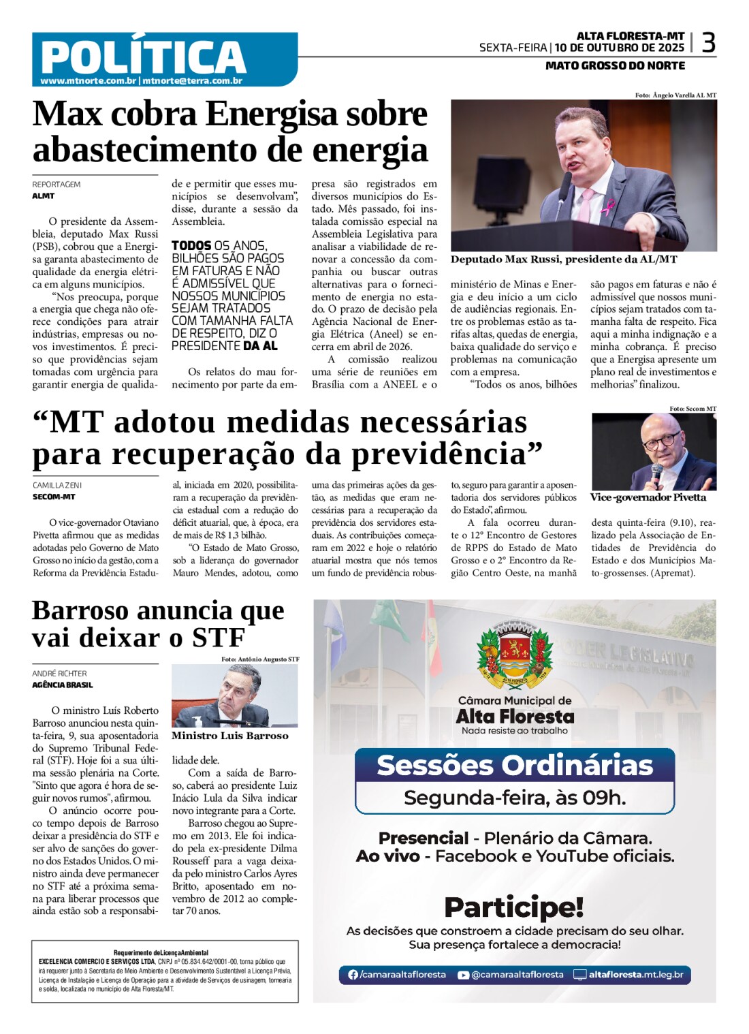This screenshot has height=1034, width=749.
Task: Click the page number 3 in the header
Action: [x=708, y=43]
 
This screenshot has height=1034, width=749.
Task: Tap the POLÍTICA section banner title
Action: [x=143, y=57]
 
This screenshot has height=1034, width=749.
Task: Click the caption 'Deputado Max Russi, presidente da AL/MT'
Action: [x=564, y=260]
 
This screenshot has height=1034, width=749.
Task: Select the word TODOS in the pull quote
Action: [x=191, y=246]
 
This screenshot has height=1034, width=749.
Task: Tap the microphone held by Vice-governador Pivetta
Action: [x=656, y=471]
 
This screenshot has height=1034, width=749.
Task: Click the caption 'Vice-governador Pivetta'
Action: [x=648, y=497]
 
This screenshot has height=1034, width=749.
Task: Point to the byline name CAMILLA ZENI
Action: [x=57, y=485]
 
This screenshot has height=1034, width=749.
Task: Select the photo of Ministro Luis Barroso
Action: [x=234, y=695]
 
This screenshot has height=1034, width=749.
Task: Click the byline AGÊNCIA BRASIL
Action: [x=63, y=685]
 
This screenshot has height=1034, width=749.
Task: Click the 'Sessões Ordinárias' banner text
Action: [x=515, y=765]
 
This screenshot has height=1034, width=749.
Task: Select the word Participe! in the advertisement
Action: [x=514, y=907]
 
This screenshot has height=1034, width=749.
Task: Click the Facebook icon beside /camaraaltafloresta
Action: [x=353, y=975]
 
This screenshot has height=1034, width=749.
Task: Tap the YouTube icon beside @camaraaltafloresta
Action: [x=463, y=975]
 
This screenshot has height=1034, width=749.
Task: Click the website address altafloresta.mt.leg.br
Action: [x=635, y=975]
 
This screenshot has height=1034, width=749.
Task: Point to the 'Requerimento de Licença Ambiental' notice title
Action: [x=161, y=952]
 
